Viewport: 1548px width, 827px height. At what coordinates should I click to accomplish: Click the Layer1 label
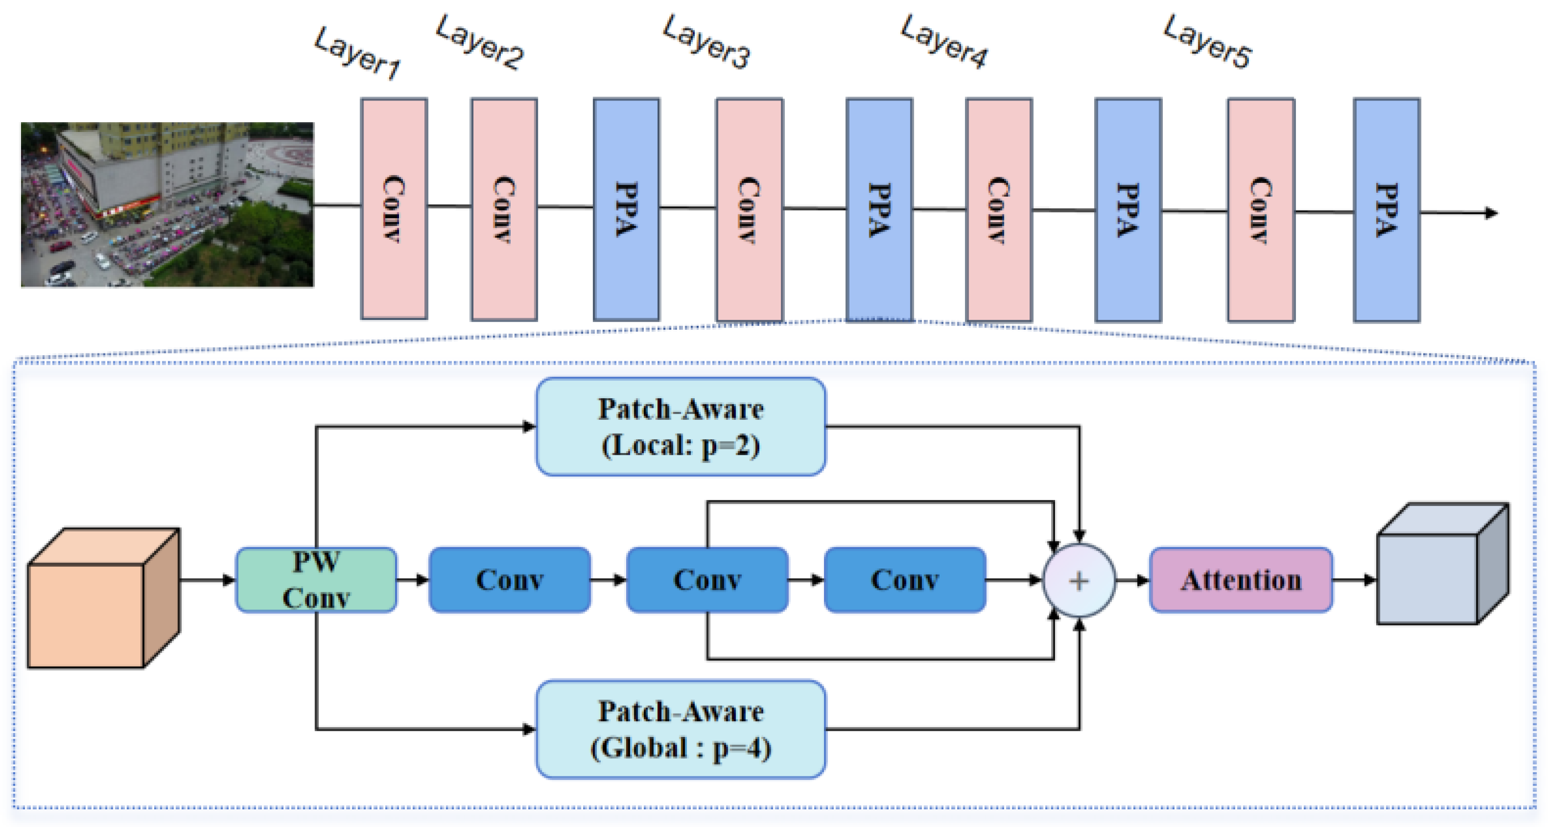tap(357, 53)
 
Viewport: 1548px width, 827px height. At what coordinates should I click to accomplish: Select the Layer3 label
tap(706, 41)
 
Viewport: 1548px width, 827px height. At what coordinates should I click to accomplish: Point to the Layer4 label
tap(943, 42)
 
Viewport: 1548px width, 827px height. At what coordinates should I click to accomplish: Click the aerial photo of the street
tap(167, 204)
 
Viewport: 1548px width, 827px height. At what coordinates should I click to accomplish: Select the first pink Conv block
tap(393, 208)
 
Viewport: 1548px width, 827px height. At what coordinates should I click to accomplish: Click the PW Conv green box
tap(316, 580)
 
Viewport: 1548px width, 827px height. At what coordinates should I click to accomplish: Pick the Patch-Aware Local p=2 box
tap(680, 426)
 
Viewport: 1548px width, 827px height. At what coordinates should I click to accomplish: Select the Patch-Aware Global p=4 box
tap(680, 729)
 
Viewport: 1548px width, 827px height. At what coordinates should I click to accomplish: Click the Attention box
tap(1241, 580)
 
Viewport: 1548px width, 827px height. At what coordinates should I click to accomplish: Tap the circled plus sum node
tap(1079, 580)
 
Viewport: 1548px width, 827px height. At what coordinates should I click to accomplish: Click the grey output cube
tap(1442, 565)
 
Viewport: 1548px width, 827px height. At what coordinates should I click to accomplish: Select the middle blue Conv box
tap(707, 580)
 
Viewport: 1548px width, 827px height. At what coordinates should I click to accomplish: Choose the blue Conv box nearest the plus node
tap(904, 580)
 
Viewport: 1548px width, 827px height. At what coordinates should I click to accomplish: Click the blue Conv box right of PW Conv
tap(510, 580)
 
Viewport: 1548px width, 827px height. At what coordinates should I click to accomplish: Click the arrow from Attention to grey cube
tap(1355, 580)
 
